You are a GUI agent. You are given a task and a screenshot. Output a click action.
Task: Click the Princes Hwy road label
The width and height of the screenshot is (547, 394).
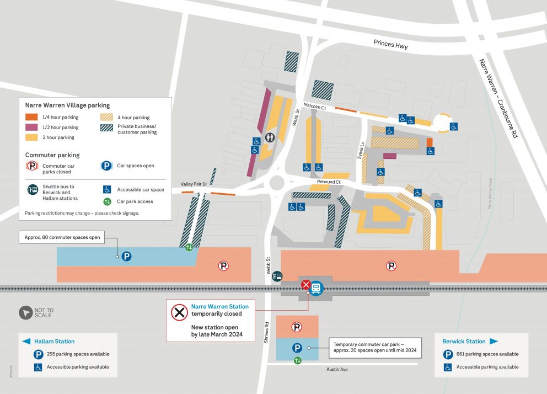click(390, 45)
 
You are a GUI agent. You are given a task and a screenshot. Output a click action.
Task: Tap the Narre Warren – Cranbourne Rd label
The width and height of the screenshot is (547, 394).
click(498, 98)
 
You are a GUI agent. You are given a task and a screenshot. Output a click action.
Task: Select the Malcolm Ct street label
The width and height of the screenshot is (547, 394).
click(315, 106)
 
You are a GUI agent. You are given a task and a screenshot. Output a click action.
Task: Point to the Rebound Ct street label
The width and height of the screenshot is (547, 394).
click(329, 182)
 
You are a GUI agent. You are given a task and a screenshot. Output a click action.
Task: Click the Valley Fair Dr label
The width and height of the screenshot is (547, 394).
click(194, 184)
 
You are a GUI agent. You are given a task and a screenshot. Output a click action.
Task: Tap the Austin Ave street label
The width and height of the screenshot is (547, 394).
click(337, 369)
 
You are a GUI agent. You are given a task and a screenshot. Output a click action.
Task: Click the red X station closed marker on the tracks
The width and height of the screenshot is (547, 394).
click(305, 285)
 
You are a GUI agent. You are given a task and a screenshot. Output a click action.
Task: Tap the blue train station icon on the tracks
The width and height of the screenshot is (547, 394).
click(316, 287)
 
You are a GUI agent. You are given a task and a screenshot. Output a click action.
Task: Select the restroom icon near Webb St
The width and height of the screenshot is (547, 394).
click(270, 137)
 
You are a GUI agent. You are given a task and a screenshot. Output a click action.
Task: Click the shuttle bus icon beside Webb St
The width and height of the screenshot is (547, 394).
click(277, 276)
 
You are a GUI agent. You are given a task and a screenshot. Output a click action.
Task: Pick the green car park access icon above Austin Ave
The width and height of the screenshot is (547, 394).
click(298, 360)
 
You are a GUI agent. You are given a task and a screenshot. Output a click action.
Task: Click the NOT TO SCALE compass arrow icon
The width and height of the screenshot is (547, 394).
click(26, 313)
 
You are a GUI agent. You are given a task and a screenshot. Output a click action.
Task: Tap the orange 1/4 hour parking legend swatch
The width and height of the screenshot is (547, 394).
click(32, 117)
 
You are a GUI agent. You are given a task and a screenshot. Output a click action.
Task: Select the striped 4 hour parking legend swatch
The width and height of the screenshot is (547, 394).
click(107, 117)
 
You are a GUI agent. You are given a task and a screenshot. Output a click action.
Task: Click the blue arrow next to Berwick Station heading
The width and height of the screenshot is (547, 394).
click(494, 341)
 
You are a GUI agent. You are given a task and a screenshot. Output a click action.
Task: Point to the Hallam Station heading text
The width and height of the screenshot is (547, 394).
click(54, 342)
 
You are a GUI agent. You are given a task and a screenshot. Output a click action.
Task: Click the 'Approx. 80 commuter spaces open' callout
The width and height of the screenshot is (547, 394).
click(62, 238)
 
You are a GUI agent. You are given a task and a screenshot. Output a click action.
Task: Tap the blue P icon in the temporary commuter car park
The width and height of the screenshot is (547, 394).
click(297, 348)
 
